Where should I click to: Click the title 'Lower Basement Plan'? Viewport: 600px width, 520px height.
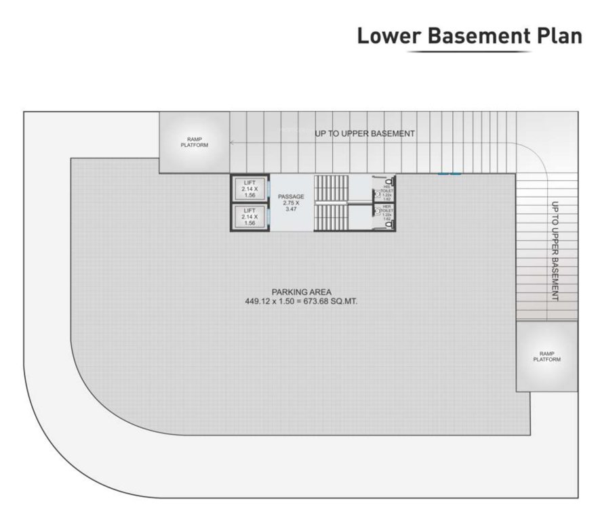coord(469,36)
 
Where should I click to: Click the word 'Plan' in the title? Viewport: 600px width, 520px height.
coord(559,36)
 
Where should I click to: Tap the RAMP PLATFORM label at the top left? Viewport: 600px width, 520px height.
coord(195,143)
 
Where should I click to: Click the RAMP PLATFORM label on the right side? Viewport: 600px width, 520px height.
coord(546,357)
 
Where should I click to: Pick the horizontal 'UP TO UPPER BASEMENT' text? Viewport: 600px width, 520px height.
coord(364,134)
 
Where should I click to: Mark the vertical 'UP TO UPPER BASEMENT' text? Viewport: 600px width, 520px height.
coord(555,251)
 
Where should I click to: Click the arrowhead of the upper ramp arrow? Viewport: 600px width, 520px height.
coord(232,143)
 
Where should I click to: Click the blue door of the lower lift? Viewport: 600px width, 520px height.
coord(268,217)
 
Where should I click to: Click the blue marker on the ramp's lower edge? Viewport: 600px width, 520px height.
coord(449,174)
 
